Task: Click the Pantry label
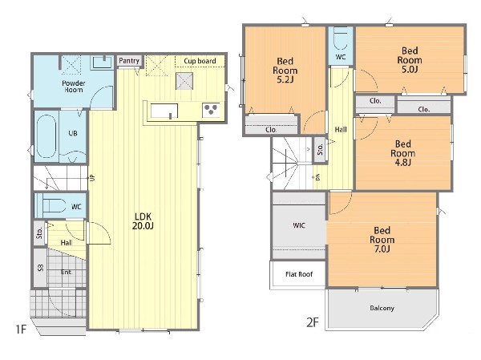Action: tap(129, 61)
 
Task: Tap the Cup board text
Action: tap(200, 61)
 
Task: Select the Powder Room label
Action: tap(74, 87)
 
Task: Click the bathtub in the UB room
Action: tap(46, 136)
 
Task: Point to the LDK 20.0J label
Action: tap(143, 221)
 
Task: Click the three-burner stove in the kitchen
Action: tap(211, 110)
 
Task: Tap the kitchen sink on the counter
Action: tap(164, 111)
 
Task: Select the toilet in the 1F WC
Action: tap(54, 205)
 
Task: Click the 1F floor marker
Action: tap(21, 330)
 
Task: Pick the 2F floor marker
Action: tap(313, 322)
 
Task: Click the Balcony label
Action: tap(382, 308)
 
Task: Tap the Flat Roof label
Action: tap(299, 274)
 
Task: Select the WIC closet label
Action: tap(299, 225)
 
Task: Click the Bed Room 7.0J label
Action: tap(382, 240)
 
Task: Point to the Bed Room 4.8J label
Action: tap(402, 153)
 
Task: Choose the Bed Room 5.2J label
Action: tap(285, 71)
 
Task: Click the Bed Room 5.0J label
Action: tap(410, 60)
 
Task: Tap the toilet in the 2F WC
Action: tap(341, 39)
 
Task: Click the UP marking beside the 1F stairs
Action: tap(92, 177)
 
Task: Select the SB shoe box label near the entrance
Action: tap(41, 268)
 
